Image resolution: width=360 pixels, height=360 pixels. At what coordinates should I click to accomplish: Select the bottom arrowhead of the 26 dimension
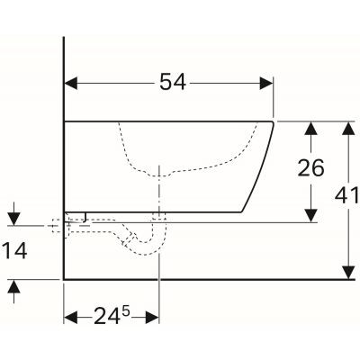point(310,213)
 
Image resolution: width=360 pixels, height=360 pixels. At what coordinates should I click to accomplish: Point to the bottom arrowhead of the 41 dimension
point(346,271)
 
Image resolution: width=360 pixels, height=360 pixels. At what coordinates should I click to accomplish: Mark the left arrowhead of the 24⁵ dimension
point(70,317)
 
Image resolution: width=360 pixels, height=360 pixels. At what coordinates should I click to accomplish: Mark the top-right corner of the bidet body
point(273,120)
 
